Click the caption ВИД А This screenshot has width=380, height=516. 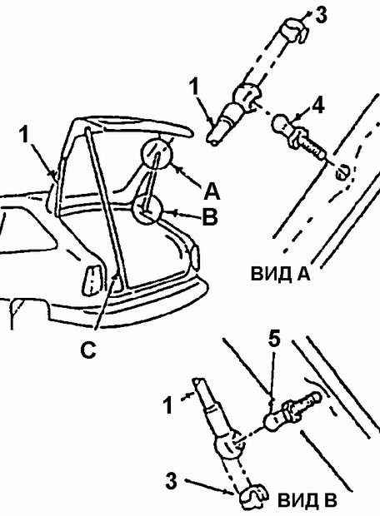pos(281,273)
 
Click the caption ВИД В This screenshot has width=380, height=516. pos(307,500)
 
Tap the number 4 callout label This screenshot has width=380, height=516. pos(317,106)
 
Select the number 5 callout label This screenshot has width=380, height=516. pos(274,339)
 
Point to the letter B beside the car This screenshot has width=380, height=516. pos(210,216)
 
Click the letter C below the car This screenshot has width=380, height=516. pos(88,350)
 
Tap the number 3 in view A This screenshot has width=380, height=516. pos(322,16)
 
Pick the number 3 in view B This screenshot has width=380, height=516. pos(171,481)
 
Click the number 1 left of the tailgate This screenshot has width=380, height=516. pos(24,135)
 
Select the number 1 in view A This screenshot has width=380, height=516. pos(194,87)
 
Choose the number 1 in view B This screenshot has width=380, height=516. pos(168,404)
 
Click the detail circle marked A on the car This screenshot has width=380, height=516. pos(157,154)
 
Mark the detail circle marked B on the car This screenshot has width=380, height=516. pos(147,210)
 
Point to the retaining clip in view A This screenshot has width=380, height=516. pos(295,30)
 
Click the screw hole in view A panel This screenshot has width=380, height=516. pos(342,172)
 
